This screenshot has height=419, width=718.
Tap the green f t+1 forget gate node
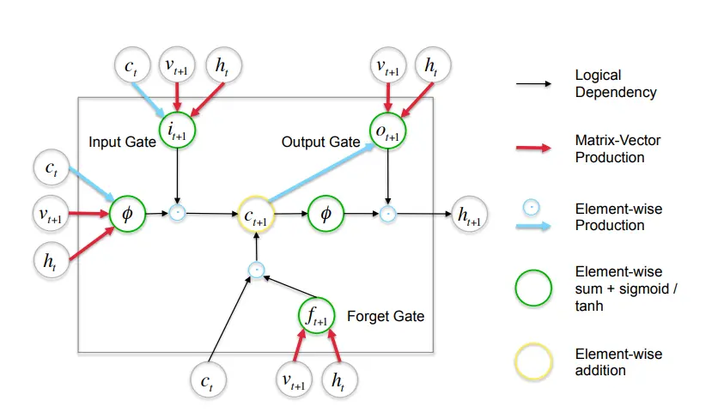point(318,314)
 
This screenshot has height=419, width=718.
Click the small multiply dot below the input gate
point(177,211)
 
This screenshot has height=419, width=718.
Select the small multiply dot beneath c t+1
point(255,270)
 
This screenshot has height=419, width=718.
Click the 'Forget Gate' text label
point(385,316)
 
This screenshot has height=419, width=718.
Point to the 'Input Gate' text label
point(122,141)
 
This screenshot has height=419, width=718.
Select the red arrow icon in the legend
point(532,148)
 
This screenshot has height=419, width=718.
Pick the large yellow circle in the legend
point(532,361)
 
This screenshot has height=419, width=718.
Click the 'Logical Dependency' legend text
point(615,83)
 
